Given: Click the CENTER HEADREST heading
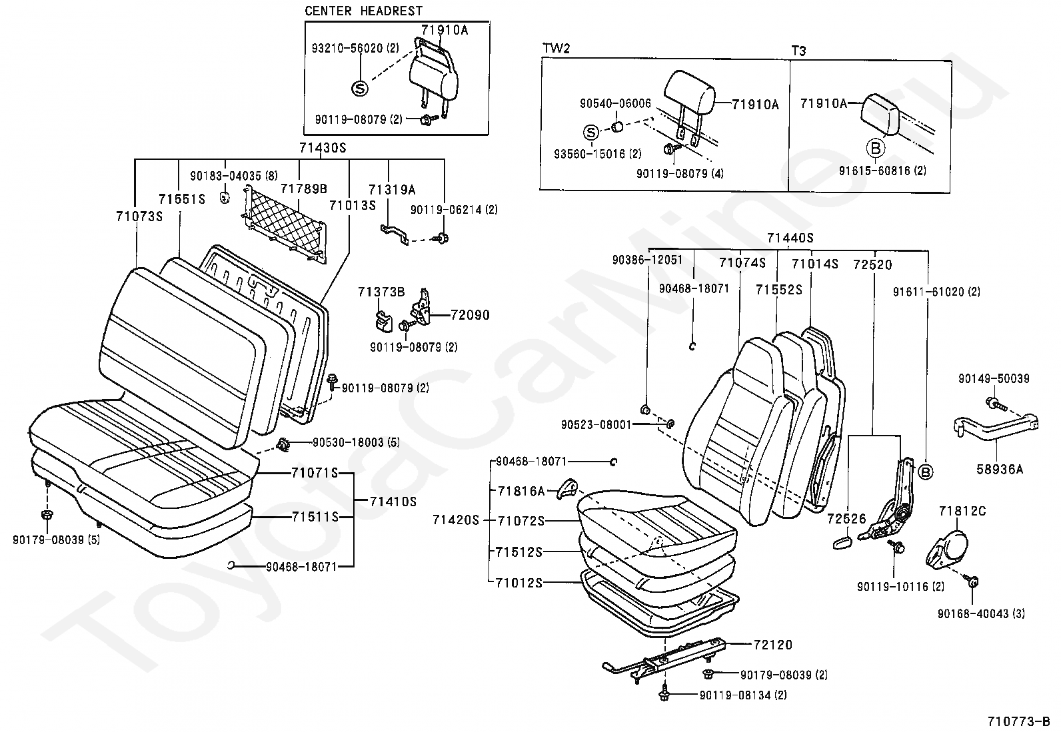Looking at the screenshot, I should tap(363, 11).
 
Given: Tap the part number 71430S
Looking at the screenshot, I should tap(323, 148).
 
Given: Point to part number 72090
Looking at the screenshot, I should tap(469, 314).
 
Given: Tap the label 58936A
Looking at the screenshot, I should tap(999, 469).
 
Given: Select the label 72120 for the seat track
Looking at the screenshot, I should tap(773, 645).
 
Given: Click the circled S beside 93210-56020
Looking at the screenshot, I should tap(359, 88).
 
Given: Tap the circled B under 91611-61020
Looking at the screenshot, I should tap(924, 472).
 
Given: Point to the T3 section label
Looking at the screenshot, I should tap(798, 51).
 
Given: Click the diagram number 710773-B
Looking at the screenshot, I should tap(1018, 721).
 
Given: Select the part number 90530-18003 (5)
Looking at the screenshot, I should tap(355, 442).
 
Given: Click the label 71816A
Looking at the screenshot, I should tap(521, 491).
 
